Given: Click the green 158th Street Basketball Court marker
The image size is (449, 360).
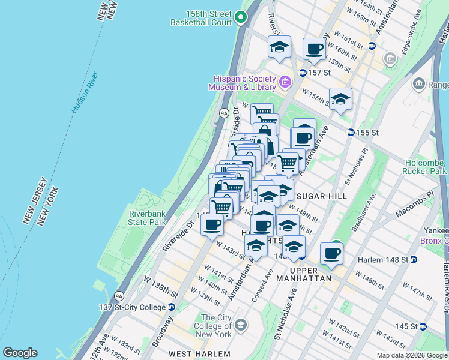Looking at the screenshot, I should coord(241,17).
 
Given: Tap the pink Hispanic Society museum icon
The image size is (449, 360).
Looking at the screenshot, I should coord(285,81).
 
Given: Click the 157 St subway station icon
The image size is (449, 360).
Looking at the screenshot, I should coord(303,73).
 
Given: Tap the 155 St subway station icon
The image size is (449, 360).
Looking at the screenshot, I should coord(351,132).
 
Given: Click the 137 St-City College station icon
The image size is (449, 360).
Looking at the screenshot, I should coord(171,307).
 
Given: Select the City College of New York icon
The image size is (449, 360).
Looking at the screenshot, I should coord(241,325).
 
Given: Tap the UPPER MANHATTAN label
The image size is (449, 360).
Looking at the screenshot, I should coord(304,275).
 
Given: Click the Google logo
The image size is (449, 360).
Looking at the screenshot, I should coord(20,353).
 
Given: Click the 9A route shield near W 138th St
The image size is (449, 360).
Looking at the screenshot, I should coord(119,295).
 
